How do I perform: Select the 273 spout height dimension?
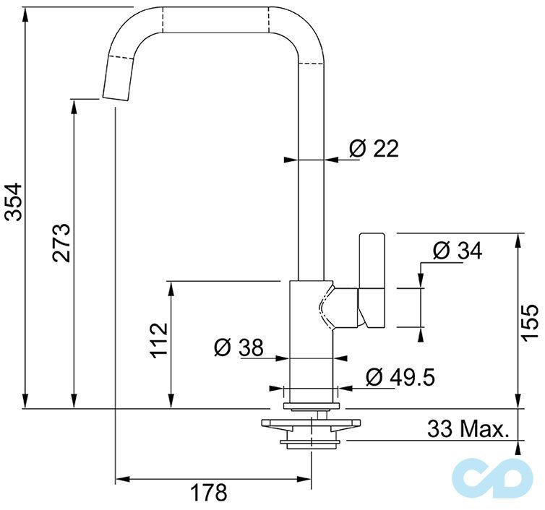click(x=61, y=243)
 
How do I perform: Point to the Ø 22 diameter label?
click(x=374, y=149)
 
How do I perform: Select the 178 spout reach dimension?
click(x=209, y=493)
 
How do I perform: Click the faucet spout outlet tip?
click(x=115, y=97)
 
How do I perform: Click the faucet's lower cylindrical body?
click(x=311, y=340)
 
